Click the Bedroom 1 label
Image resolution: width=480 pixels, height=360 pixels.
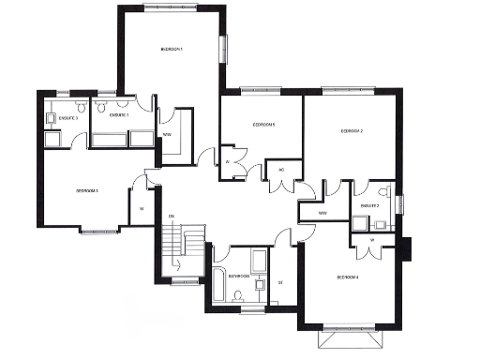pyautogui.click(x=172, y=49)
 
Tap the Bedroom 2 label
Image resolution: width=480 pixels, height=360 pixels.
pyautogui.click(x=352, y=130)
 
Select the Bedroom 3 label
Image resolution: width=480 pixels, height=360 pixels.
pyautogui.click(x=88, y=191)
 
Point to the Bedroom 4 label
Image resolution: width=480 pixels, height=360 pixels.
pyautogui.click(x=348, y=276)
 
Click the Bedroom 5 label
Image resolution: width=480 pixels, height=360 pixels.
pyautogui.click(x=262, y=125)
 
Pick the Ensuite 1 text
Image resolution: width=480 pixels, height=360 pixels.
pyautogui.click(x=119, y=114)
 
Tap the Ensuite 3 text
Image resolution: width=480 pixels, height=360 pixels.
pyautogui.click(x=67, y=119)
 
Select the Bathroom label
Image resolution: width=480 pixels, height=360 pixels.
pyautogui.click(x=237, y=276)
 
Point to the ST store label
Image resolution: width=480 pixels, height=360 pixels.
pyautogui.click(x=280, y=282)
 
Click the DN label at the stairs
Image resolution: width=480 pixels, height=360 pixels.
pyautogui.click(x=172, y=217)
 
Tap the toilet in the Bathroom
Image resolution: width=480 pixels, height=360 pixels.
pyautogui.click(x=238, y=296)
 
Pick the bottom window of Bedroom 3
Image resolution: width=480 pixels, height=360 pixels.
pyautogui.click(x=98, y=231)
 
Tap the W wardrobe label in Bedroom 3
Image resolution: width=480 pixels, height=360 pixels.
pyautogui.click(x=142, y=207)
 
